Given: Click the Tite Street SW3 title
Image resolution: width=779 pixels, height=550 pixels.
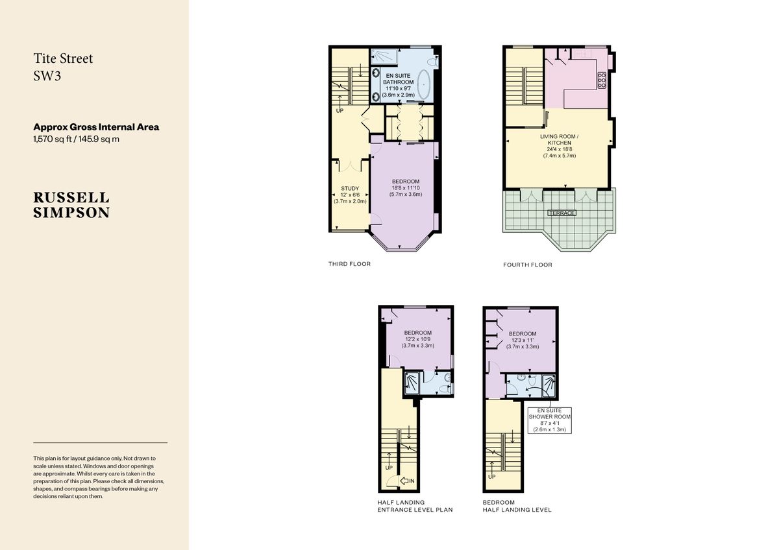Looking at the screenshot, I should coord(63,66).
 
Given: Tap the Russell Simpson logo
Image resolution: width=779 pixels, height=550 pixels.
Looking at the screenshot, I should coord(71,204).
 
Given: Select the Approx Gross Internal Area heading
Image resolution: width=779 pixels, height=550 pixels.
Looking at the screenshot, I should coord(96,127).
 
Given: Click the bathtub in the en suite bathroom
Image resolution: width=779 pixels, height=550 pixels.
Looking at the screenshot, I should coord(423,85).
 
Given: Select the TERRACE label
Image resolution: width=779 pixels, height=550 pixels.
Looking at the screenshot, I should coord(562,213).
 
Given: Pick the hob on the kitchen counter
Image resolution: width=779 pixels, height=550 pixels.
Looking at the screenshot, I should coord(601,80).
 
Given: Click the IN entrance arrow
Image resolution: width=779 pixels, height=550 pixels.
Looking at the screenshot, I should coord(409,481).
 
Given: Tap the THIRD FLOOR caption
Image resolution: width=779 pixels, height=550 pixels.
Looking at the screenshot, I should coord(349,264).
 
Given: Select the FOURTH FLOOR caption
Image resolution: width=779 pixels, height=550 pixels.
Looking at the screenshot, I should coord(527,265).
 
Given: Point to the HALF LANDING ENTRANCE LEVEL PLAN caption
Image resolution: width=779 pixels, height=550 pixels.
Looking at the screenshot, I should coord(415,506).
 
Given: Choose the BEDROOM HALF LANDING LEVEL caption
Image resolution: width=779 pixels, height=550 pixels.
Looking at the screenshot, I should coord(517,506).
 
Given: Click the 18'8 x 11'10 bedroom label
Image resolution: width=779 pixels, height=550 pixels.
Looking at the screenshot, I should coord(406,187).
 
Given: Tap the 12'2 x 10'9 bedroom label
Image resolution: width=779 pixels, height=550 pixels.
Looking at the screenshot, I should coord(417,339).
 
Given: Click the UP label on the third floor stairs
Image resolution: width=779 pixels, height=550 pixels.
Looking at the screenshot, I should coord(340,111).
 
